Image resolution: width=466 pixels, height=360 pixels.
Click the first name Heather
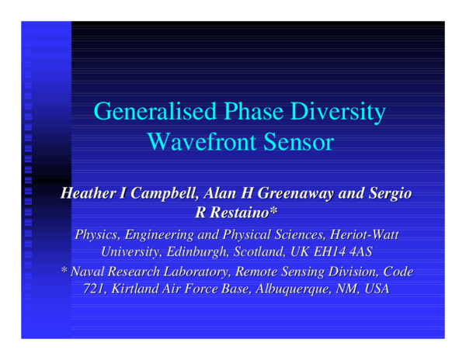click(x=79, y=194)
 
